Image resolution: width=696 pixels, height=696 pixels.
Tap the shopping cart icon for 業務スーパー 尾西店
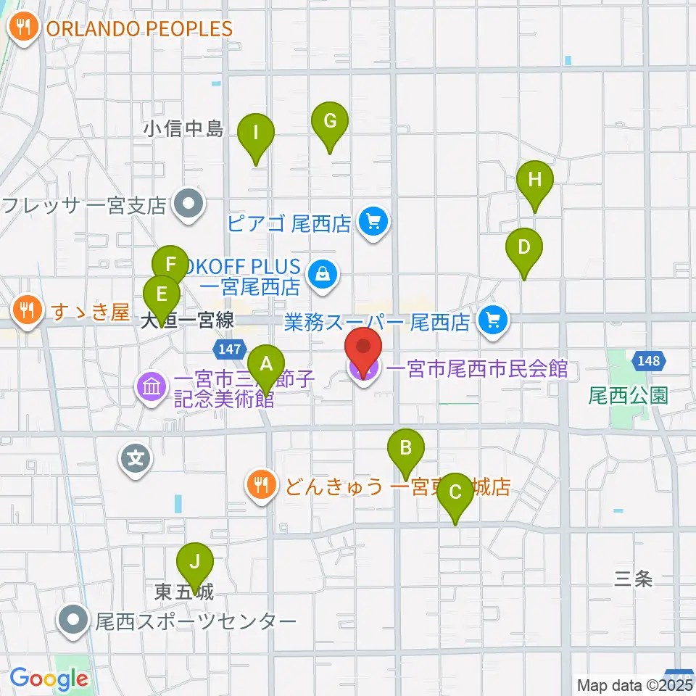(x=494, y=319)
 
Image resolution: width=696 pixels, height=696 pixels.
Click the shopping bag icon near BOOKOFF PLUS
(x=319, y=273)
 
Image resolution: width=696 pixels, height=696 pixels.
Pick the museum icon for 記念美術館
(x=150, y=385)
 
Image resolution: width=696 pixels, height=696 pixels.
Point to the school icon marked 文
(x=136, y=458)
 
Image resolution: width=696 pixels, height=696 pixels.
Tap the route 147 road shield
(x=228, y=349)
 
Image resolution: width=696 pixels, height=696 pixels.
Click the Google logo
(x=49, y=679)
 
